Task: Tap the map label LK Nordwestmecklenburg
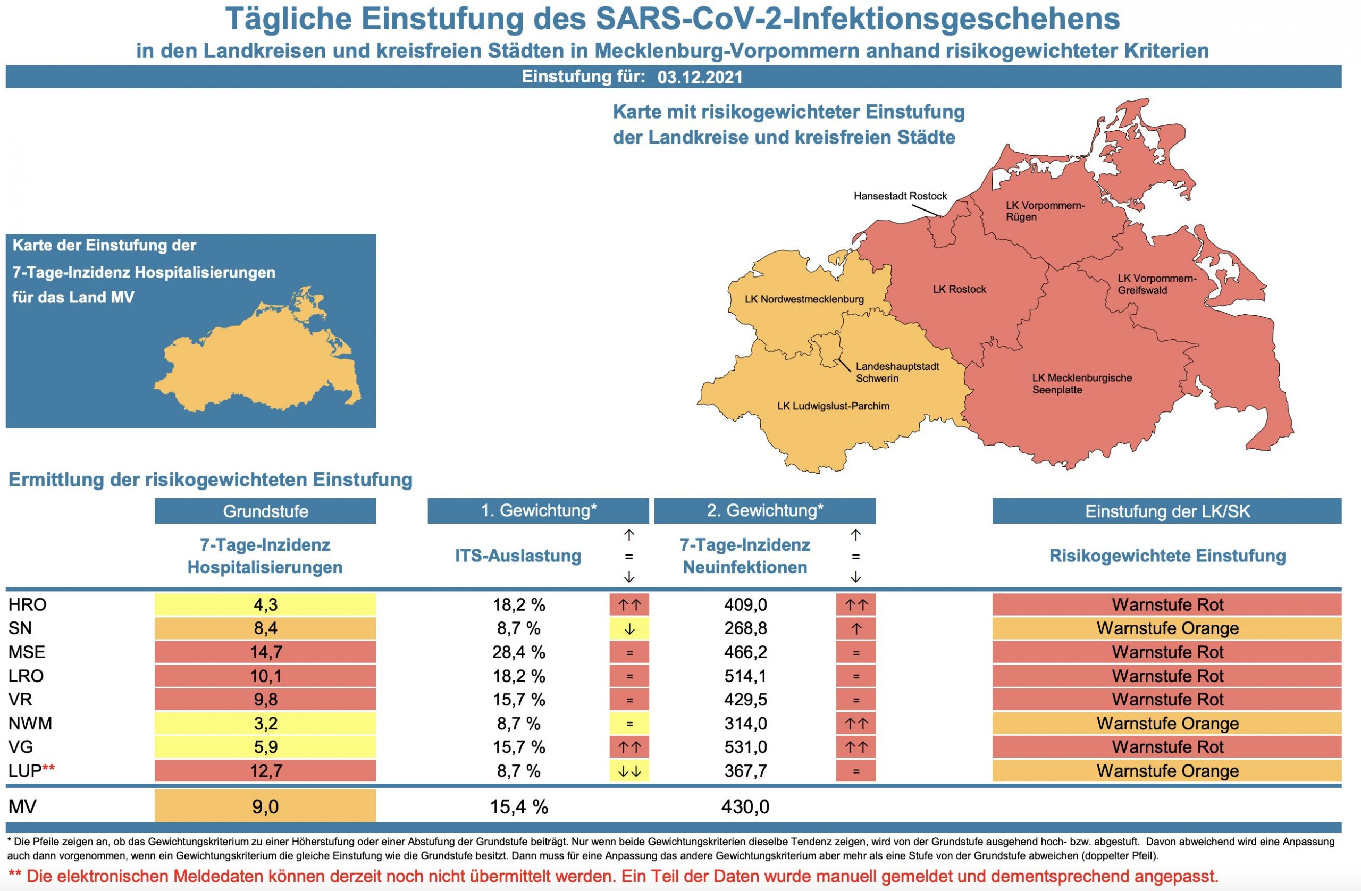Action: click(x=803, y=299)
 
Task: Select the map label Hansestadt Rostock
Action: click(x=900, y=196)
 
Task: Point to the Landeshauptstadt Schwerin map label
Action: click(x=897, y=372)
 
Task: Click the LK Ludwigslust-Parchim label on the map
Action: click(x=833, y=406)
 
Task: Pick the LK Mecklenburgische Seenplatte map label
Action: click(x=1081, y=384)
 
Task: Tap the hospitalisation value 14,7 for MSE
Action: click(x=265, y=652)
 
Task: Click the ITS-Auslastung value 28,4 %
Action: click(x=518, y=652)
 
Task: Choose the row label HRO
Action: click(x=28, y=604)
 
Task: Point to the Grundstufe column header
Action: click(x=265, y=511)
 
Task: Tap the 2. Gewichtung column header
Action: click(x=764, y=511)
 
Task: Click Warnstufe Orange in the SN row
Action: click(x=1166, y=628)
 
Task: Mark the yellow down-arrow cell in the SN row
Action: click(x=629, y=628)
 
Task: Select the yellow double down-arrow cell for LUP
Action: click(x=629, y=771)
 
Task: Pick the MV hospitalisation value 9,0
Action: click(x=265, y=806)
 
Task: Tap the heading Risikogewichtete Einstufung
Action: click(x=1166, y=556)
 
